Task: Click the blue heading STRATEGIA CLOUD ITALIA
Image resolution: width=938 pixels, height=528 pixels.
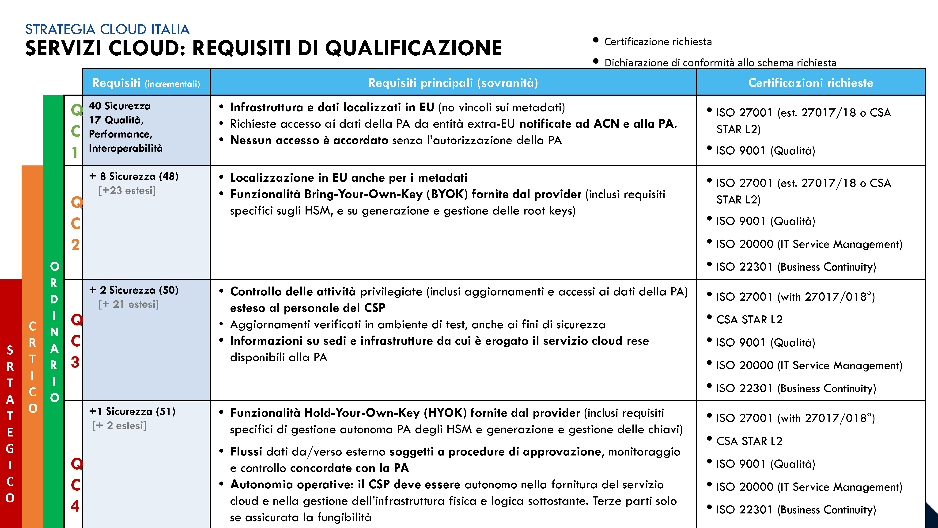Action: click(x=107, y=29)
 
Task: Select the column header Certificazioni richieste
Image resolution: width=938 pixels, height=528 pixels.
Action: click(x=811, y=83)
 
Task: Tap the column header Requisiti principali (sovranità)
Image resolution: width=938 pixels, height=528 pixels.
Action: click(x=453, y=83)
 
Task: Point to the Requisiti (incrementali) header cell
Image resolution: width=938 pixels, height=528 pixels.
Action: click(x=146, y=83)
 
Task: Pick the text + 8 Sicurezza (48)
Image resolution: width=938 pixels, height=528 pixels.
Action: click(x=134, y=176)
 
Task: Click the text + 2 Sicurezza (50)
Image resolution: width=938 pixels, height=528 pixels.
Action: click(x=134, y=290)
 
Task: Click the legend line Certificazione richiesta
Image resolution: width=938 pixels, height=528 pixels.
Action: click(x=658, y=42)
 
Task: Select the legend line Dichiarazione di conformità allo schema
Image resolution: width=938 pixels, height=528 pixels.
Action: click(x=720, y=63)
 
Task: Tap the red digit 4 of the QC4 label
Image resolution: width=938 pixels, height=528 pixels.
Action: click(x=75, y=506)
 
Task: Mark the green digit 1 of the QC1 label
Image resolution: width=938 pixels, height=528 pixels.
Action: click(x=75, y=152)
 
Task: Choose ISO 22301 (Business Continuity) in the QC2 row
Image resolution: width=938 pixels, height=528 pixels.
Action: click(x=796, y=267)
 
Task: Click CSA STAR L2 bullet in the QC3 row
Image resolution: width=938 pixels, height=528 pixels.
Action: click(x=749, y=320)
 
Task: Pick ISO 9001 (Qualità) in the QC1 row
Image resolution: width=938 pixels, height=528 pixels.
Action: click(x=765, y=150)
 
